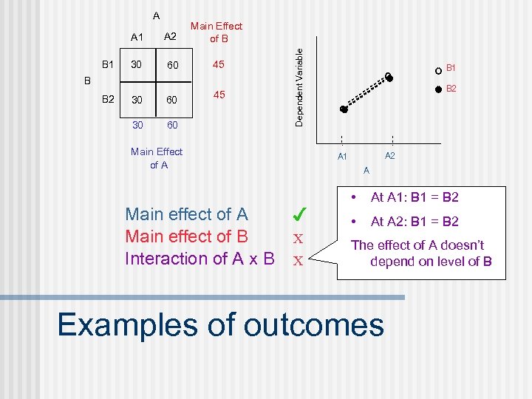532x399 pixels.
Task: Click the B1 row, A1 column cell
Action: pyautogui.click(x=136, y=65)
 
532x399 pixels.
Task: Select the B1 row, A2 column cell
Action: pyautogui.click(x=172, y=66)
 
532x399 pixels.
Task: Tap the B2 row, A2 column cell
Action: pyautogui.click(x=172, y=100)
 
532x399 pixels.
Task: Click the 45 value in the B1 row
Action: pyautogui.click(x=218, y=64)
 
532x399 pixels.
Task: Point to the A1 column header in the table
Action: pyautogui.click(x=137, y=37)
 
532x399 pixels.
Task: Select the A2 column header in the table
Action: pyautogui.click(x=170, y=37)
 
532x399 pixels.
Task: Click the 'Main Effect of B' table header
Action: pyautogui.click(x=216, y=32)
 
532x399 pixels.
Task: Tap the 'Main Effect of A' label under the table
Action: pyautogui.click(x=157, y=158)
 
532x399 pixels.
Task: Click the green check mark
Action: pyautogui.click(x=299, y=216)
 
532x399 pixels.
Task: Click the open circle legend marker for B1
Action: pyautogui.click(x=438, y=70)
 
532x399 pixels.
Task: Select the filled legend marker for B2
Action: pyautogui.click(x=438, y=89)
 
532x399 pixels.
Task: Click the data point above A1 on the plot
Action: pyautogui.click(x=343, y=109)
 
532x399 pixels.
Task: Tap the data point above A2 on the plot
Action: pyautogui.click(x=389, y=76)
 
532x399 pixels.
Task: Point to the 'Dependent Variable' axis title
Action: pyautogui.click(x=299, y=86)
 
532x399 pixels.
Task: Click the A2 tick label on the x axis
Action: pyautogui.click(x=390, y=156)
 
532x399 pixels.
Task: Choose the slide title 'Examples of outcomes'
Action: pyautogui.click(x=220, y=324)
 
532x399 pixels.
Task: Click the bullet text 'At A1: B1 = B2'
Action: pyautogui.click(x=415, y=197)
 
